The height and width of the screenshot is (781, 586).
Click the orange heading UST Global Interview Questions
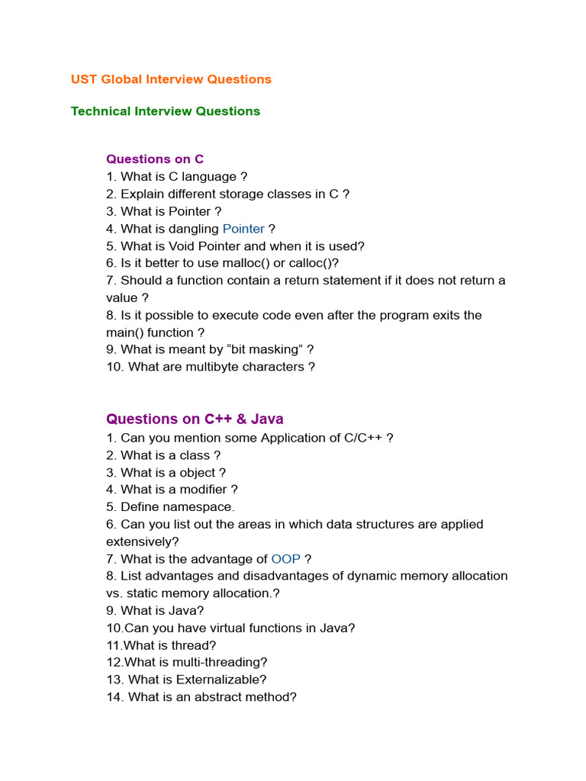click(171, 79)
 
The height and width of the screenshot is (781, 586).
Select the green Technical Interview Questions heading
click(166, 111)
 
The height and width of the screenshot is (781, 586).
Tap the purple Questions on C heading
click(155, 159)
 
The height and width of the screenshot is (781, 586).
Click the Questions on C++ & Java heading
click(195, 419)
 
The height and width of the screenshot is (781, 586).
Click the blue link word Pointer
click(243, 229)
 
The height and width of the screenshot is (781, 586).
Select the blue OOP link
click(285, 559)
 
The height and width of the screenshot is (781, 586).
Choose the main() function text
click(150, 333)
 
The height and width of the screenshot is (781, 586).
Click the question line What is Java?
click(155, 610)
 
